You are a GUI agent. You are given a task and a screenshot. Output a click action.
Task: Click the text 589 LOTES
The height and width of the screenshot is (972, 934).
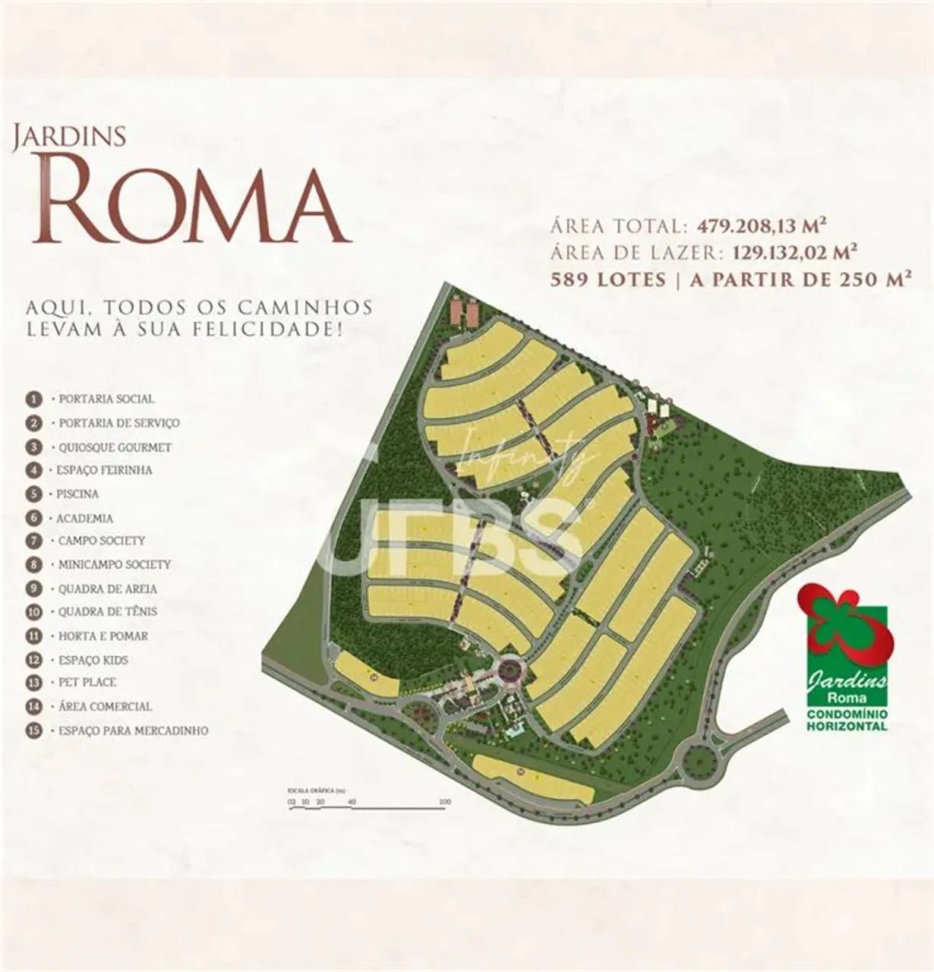pos(608,279)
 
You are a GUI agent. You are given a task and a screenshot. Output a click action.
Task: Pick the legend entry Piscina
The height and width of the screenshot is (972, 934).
pos(77,494)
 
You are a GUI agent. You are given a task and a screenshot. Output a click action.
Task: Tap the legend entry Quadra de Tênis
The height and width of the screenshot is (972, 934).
pos(108,611)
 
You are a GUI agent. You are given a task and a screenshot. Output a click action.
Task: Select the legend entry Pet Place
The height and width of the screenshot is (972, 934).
pos(87,683)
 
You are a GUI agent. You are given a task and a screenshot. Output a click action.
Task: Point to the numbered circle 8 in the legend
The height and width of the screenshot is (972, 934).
pos(33,564)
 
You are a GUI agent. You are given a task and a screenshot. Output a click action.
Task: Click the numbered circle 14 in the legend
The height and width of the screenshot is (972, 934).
pos(33,706)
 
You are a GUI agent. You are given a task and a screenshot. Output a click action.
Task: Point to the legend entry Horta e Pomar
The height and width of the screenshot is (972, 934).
pos(103,636)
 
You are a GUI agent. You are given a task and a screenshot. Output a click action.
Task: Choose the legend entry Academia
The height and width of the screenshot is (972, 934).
pos(85,518)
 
